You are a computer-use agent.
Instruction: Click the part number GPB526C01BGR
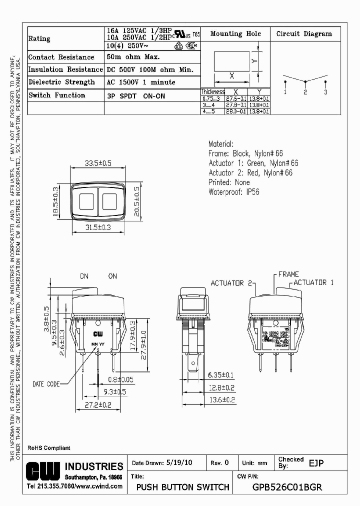pyautogui.click(x=287, y=487)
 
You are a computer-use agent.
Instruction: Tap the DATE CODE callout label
pyautogui.click(x=46, y=384)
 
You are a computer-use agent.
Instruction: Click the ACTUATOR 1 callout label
pyautogui.click(x=313, y=282)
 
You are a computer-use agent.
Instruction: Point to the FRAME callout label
pyautogui.click(x=288, y=274)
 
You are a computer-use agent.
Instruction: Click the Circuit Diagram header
pyautogui.click(x=304, y=34)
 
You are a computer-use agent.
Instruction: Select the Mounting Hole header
pyautogui.click(x=235, y=34)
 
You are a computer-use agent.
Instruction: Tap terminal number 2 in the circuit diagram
pyautogui.click(x=305, y=92)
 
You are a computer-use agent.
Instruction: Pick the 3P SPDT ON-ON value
pyautogui.click(x=135, y=95)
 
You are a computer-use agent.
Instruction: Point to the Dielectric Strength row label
pyautogui.click(x=61, y=82)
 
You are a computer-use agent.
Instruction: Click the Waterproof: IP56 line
pyautogui.click(x=234, y=192)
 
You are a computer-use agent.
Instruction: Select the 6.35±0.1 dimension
pyautogui.click(x=221, y=375)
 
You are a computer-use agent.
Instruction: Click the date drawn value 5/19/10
pyautogui.click(x=178, y=463)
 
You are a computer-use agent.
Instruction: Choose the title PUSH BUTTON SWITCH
pyautogui.click(x=183, y=487)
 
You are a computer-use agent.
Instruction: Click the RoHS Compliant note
pyautogui.click(x=48, y=448)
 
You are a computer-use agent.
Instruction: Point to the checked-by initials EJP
pyautogui.click(x=316, y=463)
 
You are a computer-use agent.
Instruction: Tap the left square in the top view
pyautogui.click(x=85, y=201)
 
